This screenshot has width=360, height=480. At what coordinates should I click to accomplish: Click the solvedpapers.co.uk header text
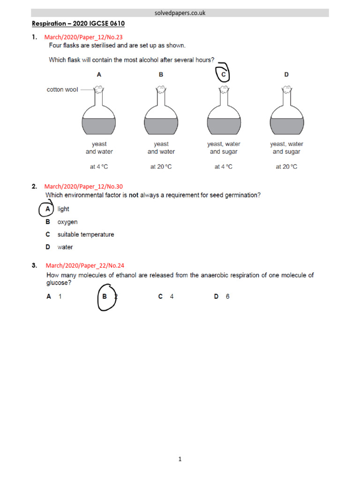click(180, 13)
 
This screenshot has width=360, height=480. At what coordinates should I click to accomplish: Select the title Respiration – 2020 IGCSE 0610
click(78, 23)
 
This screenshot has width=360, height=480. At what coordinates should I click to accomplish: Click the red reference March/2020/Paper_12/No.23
click(83, 37)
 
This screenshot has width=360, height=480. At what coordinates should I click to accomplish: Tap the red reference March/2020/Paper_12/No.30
click(83, 187)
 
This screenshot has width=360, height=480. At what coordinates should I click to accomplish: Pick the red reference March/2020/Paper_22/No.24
click(84, 265)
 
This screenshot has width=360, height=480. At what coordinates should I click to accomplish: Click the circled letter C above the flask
click(224, 74)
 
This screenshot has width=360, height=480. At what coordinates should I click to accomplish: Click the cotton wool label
click(62, 89)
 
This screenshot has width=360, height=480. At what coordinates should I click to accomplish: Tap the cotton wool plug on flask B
click(161, 88)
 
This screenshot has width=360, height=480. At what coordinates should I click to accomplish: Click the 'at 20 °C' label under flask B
click(161, 167)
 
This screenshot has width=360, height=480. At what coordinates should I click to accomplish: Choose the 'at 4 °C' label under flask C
click(224, 167)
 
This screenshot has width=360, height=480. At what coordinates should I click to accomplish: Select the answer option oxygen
click(67, 222)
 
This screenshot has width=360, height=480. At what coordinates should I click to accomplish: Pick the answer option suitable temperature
click(86, 234)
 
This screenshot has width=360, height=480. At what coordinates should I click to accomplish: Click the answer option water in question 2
click(65, 247)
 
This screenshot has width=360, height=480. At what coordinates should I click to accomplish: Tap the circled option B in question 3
click(105, 297)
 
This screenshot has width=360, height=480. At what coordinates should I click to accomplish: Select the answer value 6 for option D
click(227, 297)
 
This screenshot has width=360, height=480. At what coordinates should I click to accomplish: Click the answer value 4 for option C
click(172, 297)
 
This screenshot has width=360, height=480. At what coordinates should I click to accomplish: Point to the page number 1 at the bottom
click(180, 459)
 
